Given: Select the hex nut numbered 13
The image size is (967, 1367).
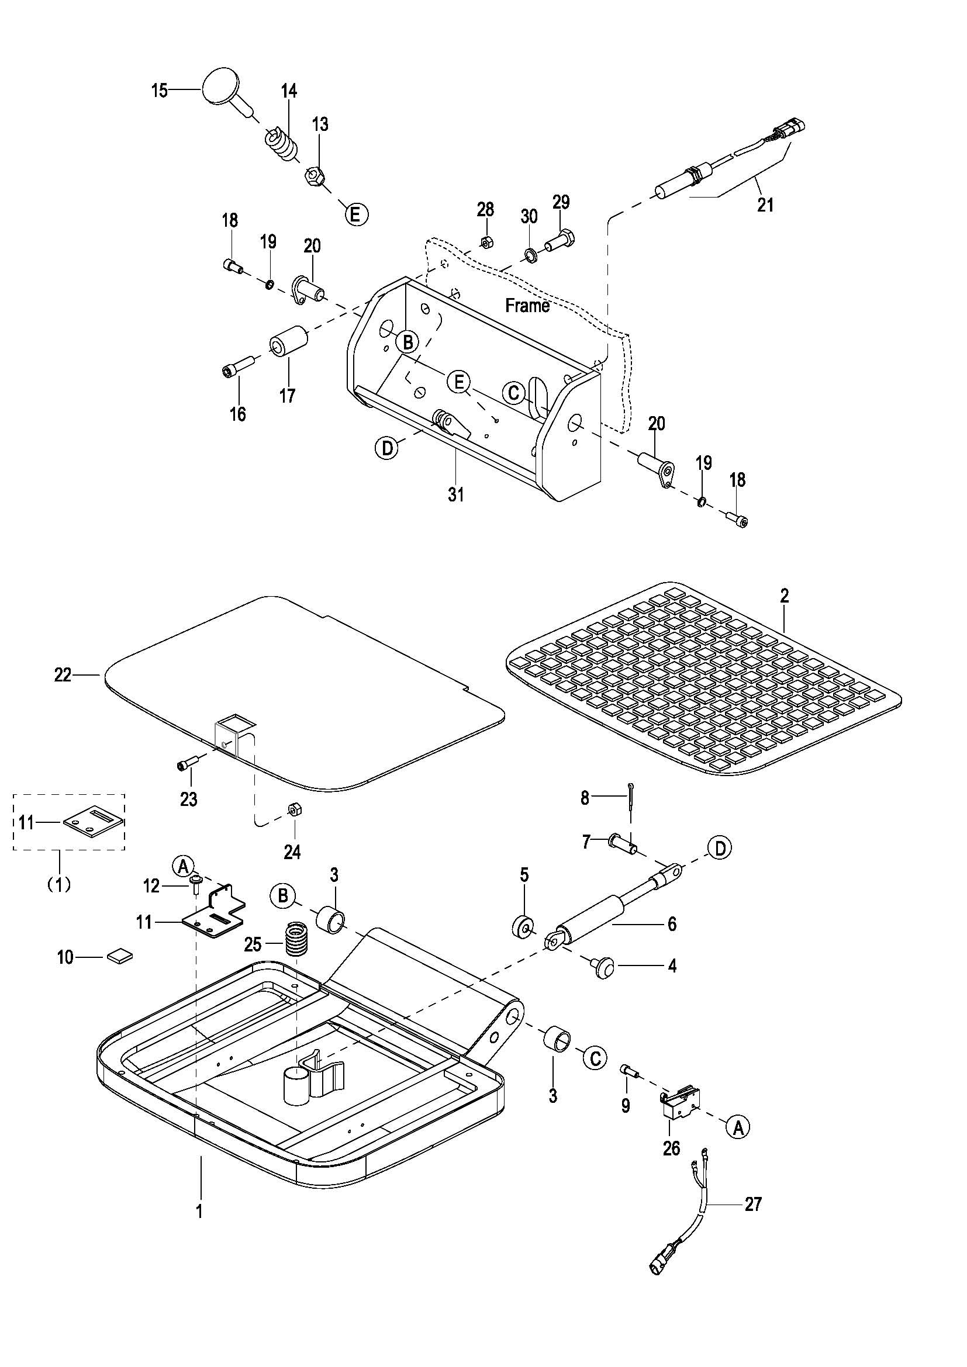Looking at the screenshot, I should pyautogui.click(x=314, y=177).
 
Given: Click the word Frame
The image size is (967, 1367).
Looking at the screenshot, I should pyautogui.click(x=527, y=306).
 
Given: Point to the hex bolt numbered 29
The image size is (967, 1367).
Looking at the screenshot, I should pyautogui.click(x=560, y=243).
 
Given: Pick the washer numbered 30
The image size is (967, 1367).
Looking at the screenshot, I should pyautogui.click(x=528, y=255).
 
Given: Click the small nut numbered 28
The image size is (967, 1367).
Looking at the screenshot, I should pyautogui.click(x=485, y=243).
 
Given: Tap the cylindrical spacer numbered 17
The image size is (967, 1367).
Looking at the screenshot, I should pyautogui.click(x=289, y=342).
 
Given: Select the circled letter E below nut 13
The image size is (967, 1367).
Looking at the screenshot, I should pyautogui.click(x=355, y=214).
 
